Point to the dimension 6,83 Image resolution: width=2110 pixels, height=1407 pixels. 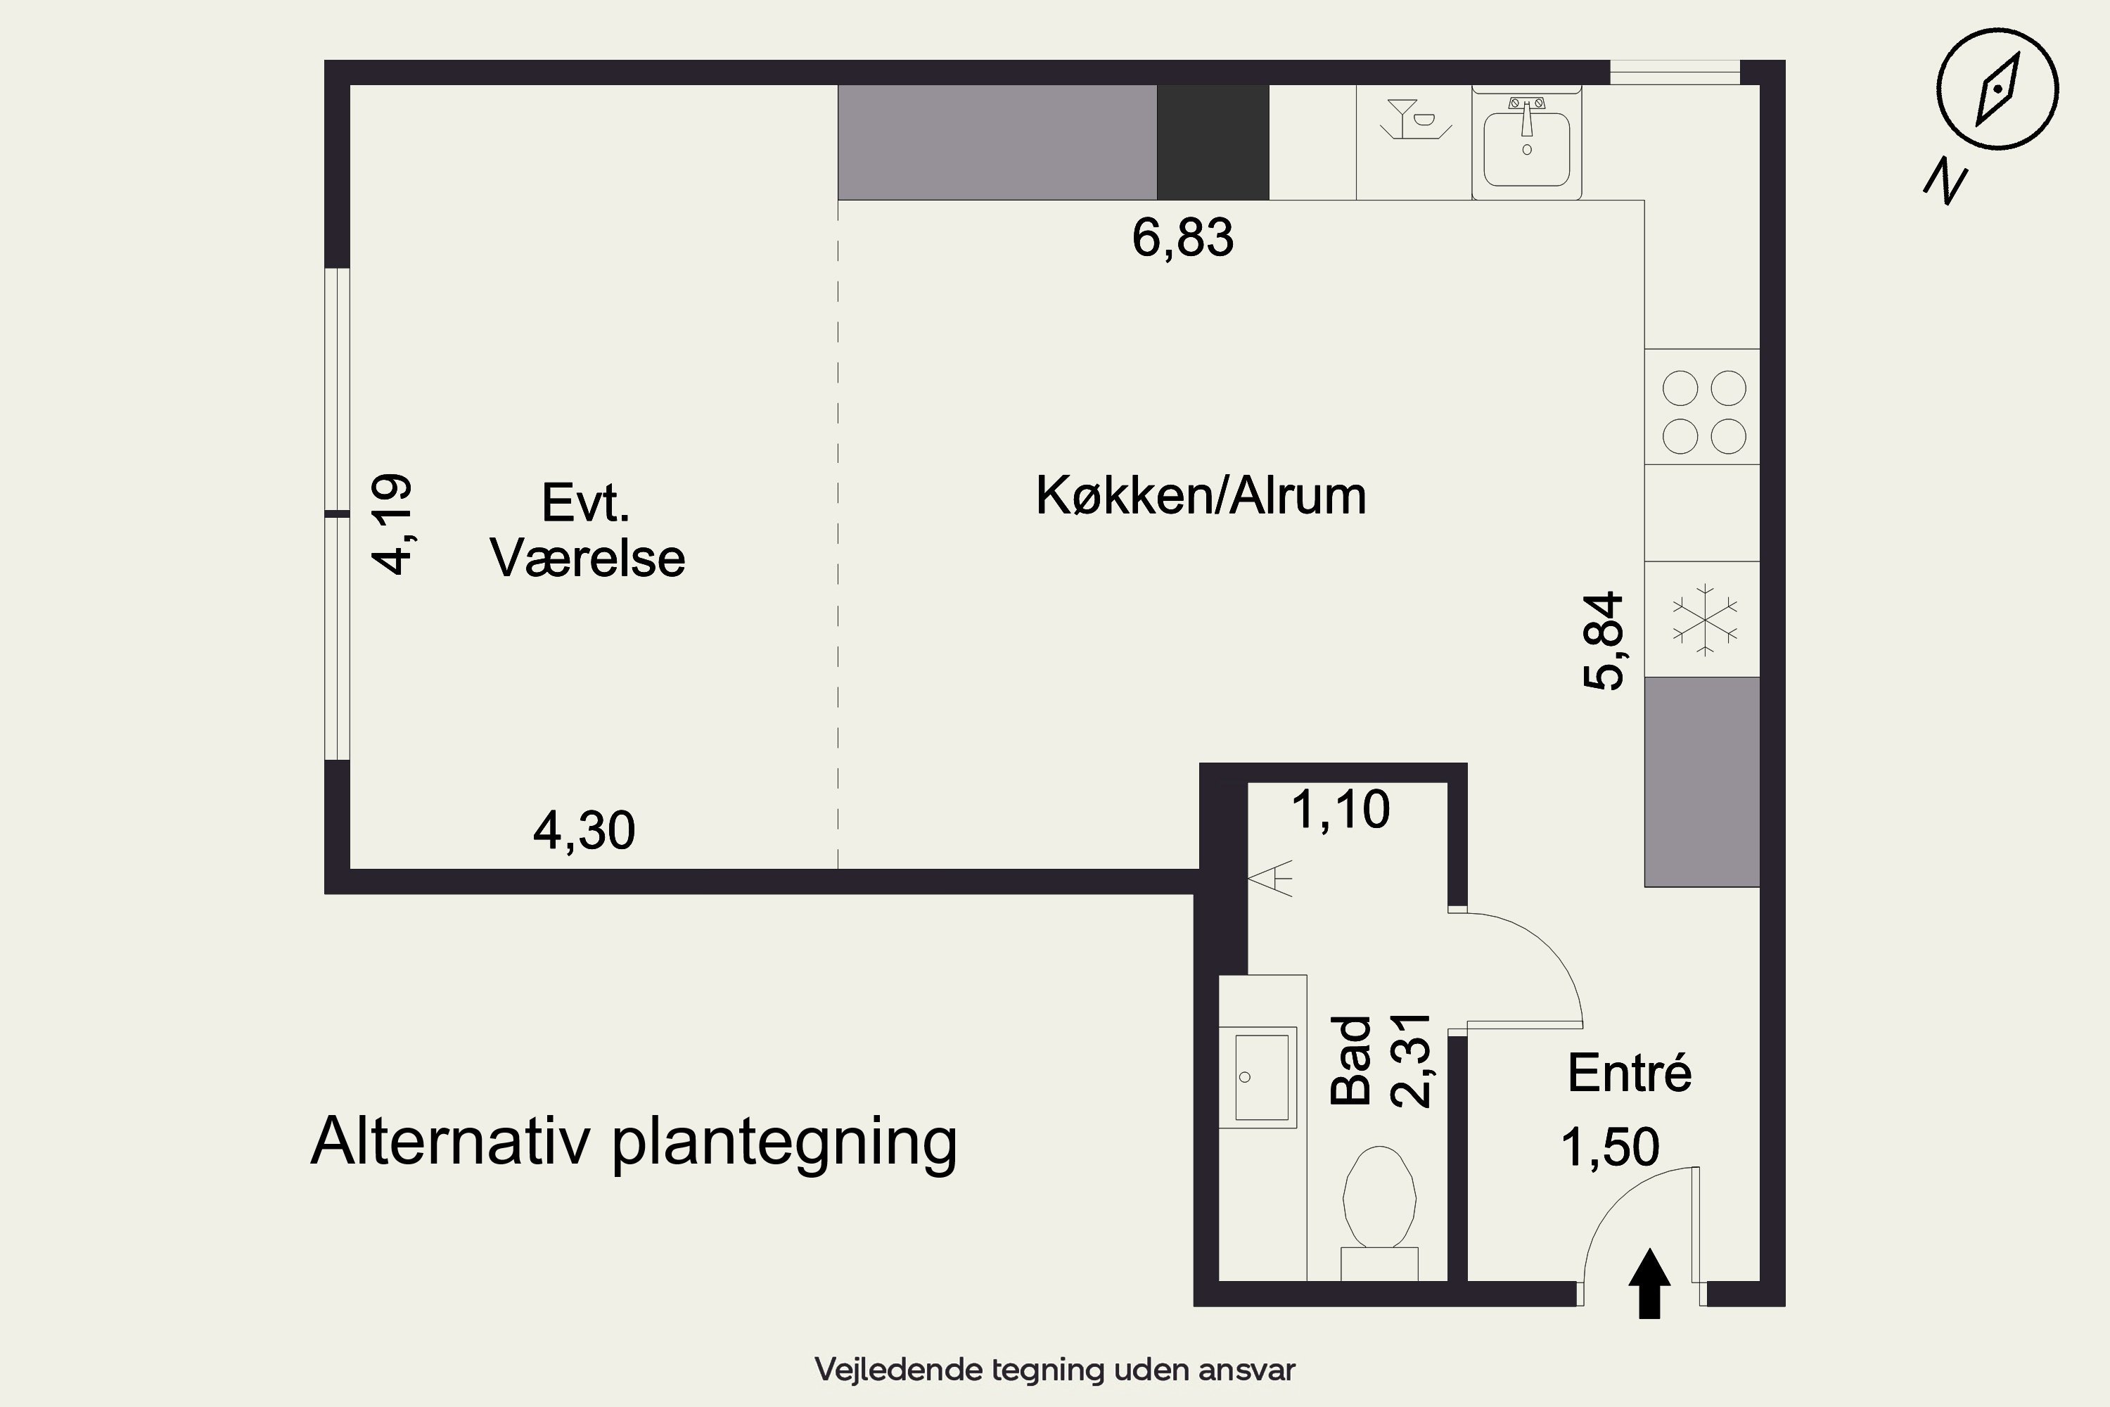tap(1182, 238)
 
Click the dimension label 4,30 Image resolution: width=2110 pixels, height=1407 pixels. tap(584, 831)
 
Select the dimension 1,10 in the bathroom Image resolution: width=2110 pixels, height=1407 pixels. tap(1341, 810)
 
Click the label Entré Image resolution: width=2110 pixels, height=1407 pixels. tap(1629, 1074)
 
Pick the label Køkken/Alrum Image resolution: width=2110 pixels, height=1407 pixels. tap(1201, 495)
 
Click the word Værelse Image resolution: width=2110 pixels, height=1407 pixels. tap(587, 558)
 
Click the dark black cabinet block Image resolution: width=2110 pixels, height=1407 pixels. tap(1212, 143)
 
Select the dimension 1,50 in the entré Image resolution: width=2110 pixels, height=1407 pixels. tap(1611, 1147)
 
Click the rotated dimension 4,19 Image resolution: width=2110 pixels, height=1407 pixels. tap(392, 524)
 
